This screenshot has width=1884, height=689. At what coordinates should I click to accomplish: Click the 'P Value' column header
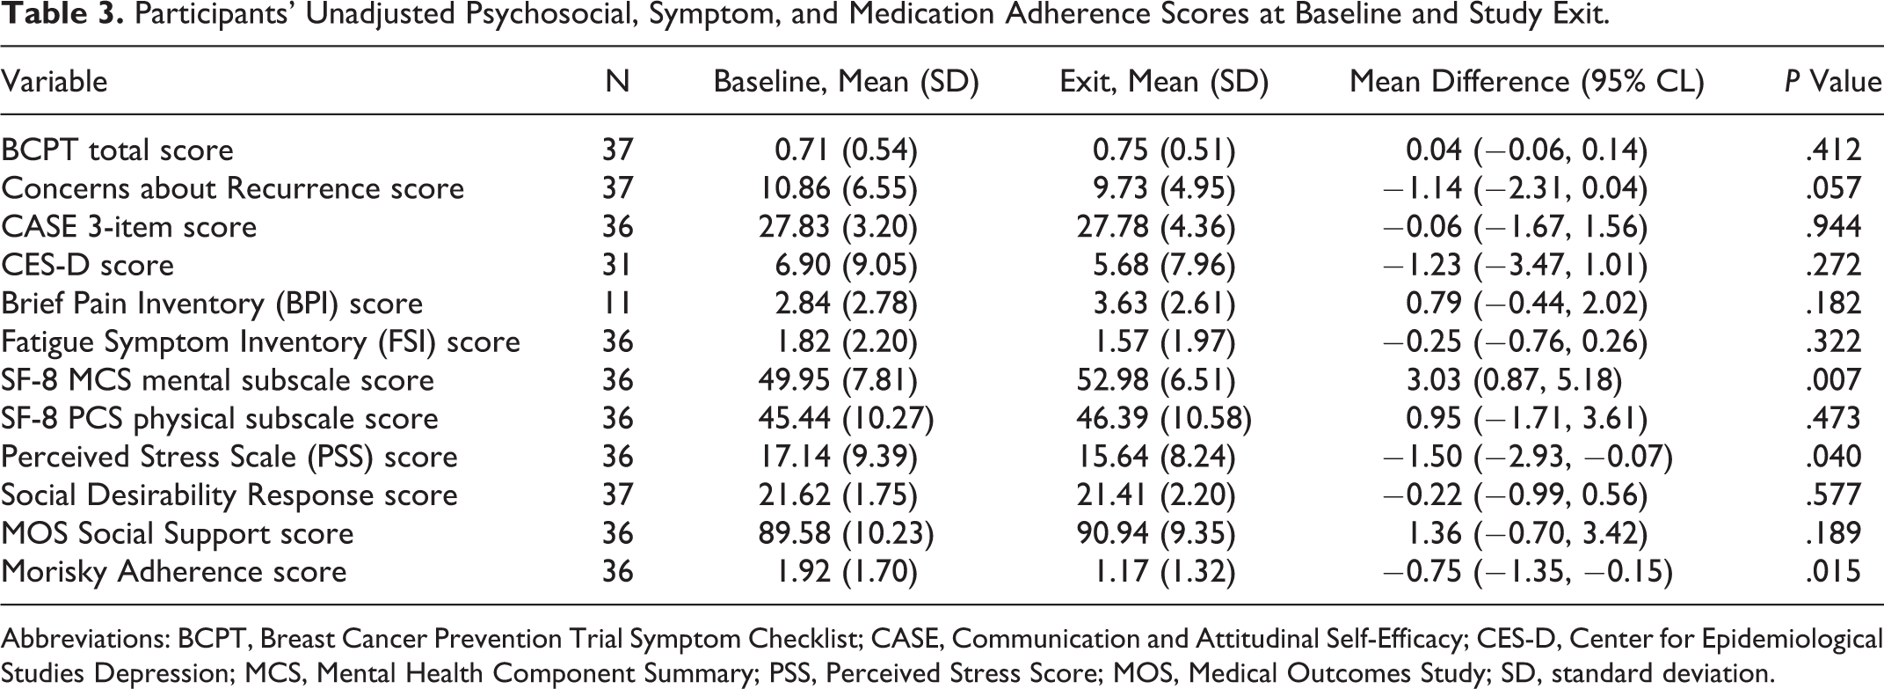coord(1833,82)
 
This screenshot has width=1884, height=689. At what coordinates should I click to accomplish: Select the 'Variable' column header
coord(54,82)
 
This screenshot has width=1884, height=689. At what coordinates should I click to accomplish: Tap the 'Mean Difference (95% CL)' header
coord(1526,82)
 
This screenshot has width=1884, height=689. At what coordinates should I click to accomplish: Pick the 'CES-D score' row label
coord(87,265)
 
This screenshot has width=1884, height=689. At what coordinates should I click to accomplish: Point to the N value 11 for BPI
coord(617,303)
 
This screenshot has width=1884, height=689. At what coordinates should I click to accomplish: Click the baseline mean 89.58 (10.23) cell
coord(846,533)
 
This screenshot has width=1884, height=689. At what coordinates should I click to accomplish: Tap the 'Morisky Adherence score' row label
coord(173,572)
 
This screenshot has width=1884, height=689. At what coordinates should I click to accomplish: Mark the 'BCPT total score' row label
coord(117,150)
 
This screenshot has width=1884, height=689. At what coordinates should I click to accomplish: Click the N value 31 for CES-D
coord(617,265)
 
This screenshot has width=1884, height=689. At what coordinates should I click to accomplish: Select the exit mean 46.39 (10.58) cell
coord(1164,418)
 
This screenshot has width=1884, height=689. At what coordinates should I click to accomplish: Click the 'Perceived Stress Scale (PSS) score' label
coord(229,457)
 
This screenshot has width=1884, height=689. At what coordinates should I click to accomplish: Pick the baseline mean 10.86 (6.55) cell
coord(838,187)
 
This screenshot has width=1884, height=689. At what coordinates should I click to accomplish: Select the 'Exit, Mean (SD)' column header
coord(1164,82)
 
